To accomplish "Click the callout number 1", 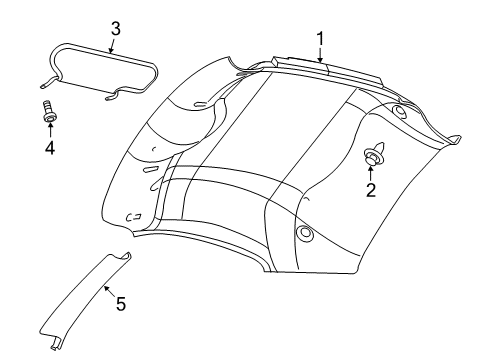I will tap(321, 39).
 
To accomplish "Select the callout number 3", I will tap(115, 29).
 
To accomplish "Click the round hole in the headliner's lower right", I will tap(303, 234).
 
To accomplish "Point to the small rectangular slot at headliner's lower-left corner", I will tap(132, 217).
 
